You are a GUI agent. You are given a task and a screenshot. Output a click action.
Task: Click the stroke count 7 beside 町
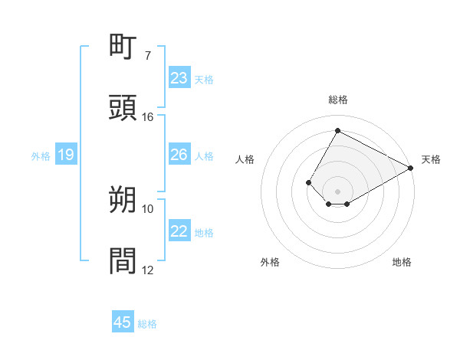tap(148, 56)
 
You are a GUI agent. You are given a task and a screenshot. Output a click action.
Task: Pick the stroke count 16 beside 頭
tap(148, 117)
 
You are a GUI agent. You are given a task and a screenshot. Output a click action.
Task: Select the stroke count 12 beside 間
tap(148, 270)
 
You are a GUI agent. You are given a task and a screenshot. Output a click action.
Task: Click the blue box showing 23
tap(179, 78)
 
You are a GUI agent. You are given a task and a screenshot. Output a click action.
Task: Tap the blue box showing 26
tap(179, 155)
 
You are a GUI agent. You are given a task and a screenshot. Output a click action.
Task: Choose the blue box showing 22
tap(179, 231)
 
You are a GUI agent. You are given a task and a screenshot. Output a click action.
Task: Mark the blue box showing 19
tap(66, 155)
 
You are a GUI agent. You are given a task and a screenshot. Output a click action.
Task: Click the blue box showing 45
tap(123, 322)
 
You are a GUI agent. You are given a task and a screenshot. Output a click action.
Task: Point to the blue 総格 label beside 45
tap(147, 324)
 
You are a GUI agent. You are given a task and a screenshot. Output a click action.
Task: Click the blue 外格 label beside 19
tap(41, 156)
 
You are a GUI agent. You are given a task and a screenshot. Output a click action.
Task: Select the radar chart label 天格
tap(431, 159)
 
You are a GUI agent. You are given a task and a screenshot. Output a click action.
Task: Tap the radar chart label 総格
tap(338, 100)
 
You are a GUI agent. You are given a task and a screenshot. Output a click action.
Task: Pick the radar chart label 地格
tap(402, 262)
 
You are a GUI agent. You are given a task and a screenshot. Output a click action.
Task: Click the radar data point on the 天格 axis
tap(411, 168)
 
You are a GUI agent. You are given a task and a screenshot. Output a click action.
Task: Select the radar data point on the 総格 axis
tap(337, 130)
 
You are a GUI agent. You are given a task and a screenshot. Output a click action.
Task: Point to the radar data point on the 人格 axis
tap(308, 182)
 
